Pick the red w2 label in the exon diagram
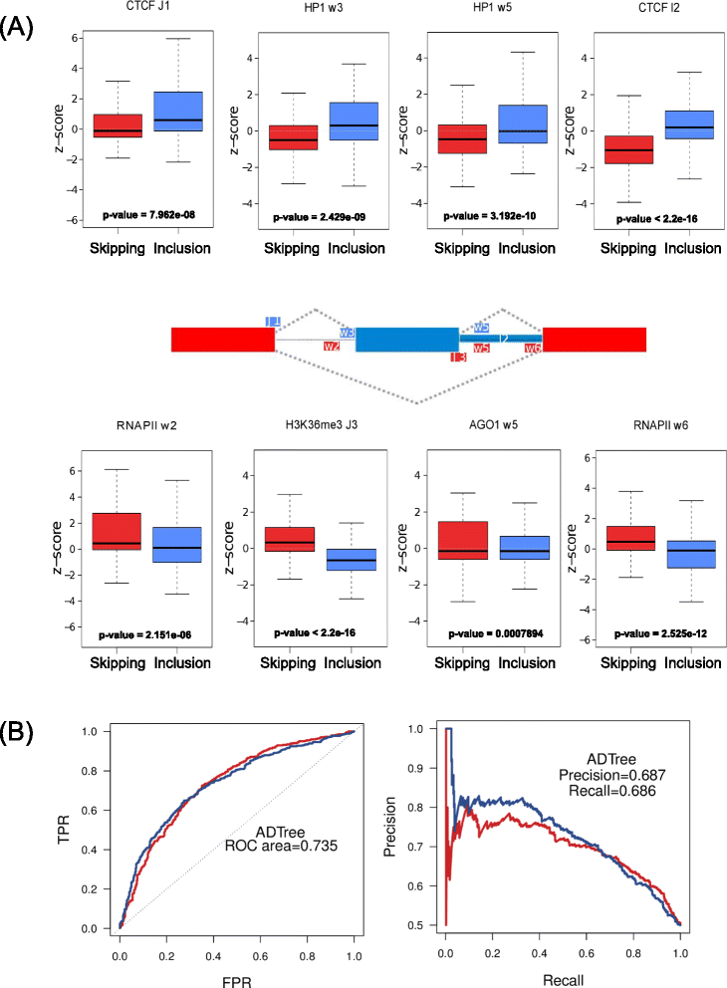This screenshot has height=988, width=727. tap(332, 347)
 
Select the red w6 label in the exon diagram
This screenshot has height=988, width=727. tap(533, 348)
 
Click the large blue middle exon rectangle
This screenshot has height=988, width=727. tap(406, 339)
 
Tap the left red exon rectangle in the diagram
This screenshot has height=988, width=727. tap(222, 339)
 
